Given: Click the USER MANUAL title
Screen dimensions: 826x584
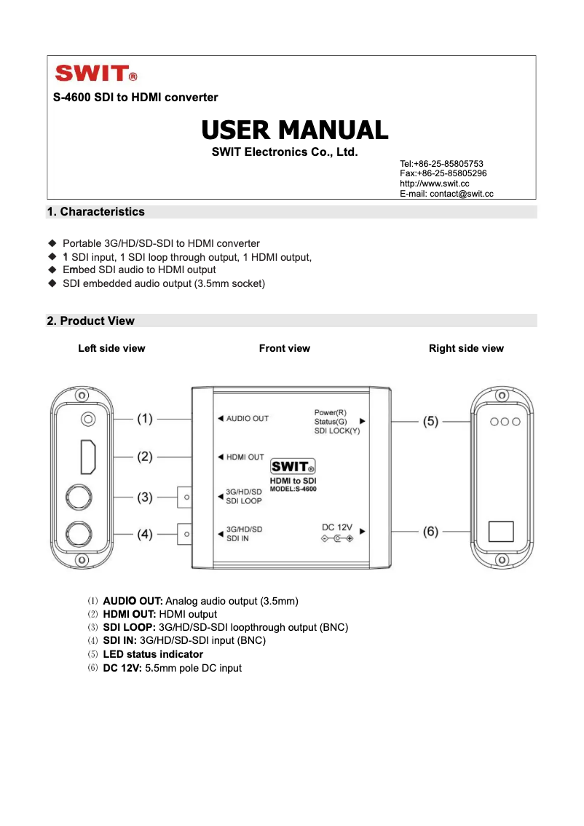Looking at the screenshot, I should [x=294, y=130].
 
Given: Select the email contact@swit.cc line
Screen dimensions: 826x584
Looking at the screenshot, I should [x=446, y=194].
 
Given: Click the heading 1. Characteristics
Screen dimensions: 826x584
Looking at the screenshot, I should [x=95, y=212].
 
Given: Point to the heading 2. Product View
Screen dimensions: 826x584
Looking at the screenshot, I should [x=90, y=321].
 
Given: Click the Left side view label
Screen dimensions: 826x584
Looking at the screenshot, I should [x=111, y=349].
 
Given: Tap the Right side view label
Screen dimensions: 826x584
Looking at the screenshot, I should [x=466, y=349].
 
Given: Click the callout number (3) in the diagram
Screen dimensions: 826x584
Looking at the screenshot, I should [x=146, y=497].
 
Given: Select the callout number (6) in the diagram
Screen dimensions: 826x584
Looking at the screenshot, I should [x=431, y=532].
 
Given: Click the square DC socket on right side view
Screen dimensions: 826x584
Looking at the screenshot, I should [x=501, y=531].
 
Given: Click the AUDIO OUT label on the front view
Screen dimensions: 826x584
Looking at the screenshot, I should [x=247, y=419].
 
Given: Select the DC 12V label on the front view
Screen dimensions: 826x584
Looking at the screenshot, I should [x=337, y=527].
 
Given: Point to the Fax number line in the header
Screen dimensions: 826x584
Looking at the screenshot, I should [x=443, y=174].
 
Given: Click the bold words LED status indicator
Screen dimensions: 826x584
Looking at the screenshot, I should [x=153, y=655].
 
